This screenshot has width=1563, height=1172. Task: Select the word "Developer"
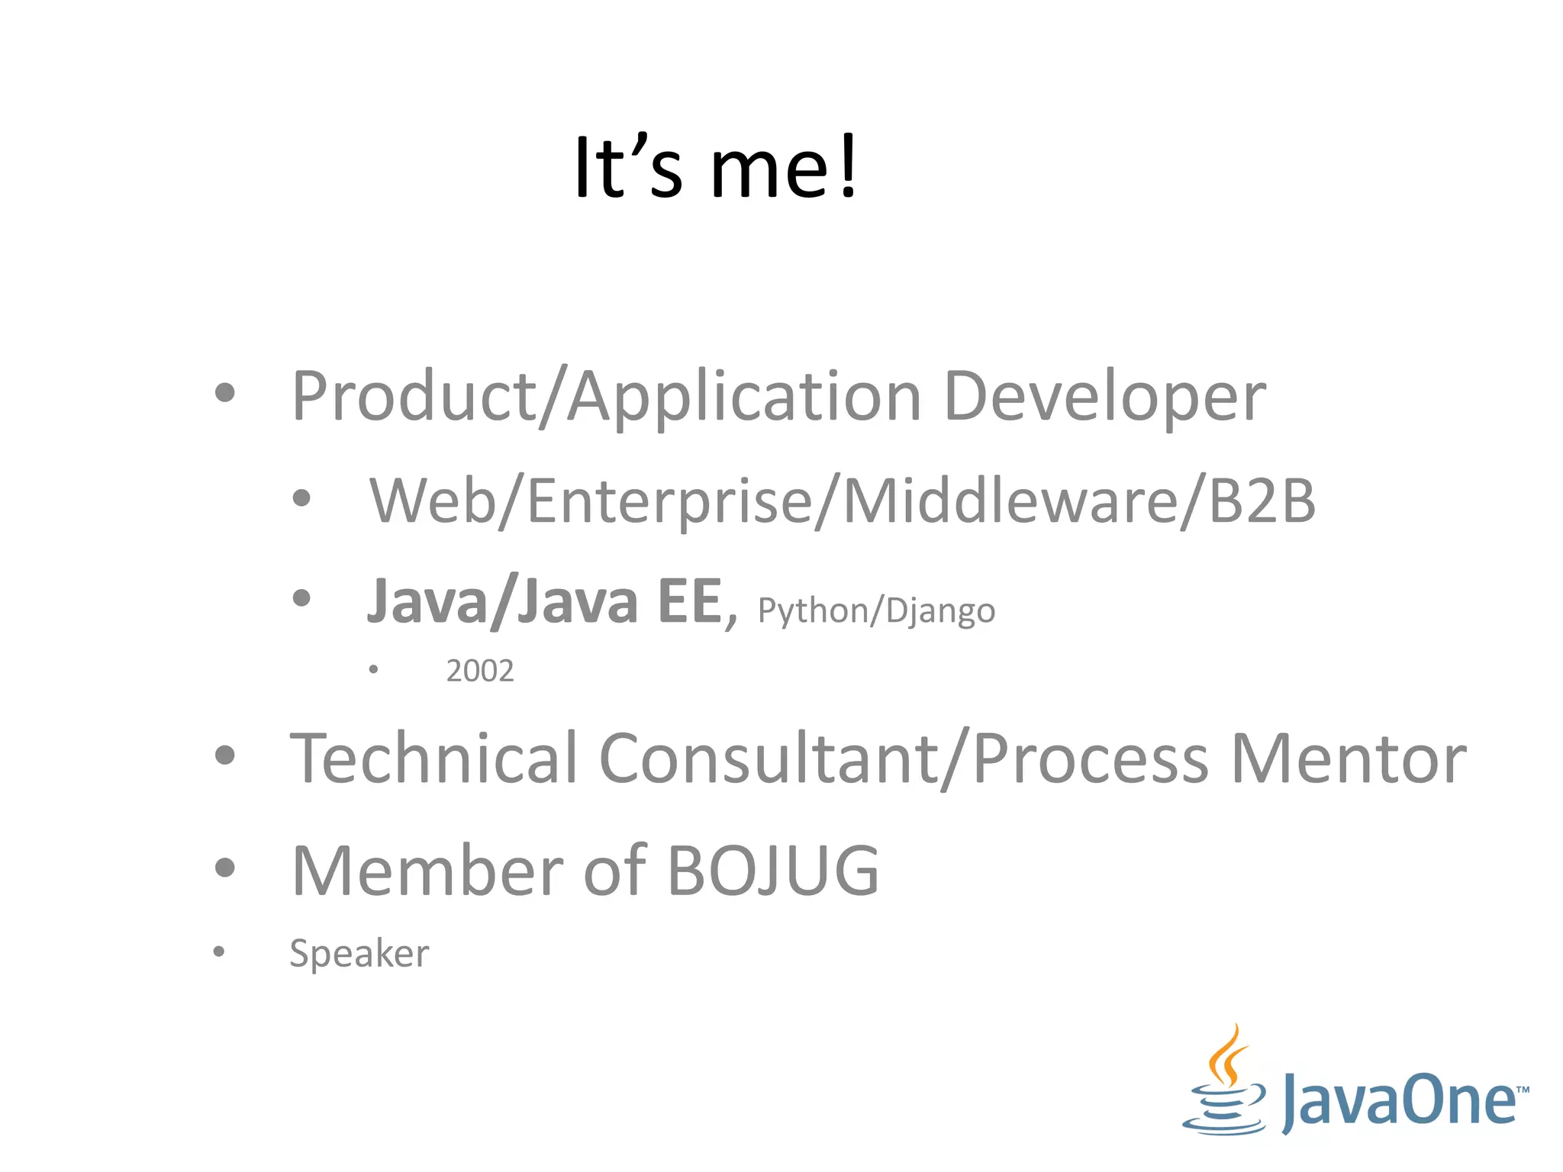(x=1104, y=397)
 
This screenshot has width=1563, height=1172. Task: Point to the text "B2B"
(x=1262, y=501)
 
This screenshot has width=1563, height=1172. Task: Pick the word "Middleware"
(x=1010, y=501)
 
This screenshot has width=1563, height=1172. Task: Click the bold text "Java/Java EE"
(x=544, y=601)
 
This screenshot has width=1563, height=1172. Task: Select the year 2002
(x=480, y=671)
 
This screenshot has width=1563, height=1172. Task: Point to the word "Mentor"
(x=1349, y=759)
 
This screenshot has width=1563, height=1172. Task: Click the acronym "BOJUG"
(x=773, y=871)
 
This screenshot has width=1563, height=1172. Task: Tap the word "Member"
(x=427, y=871)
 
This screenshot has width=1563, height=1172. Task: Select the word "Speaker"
(x=359, y=953)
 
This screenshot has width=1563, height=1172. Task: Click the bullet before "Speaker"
(x=219, y=951)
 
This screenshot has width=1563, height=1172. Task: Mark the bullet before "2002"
(x=373, y=670)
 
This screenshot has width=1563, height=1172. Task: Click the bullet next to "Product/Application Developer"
(x=224, y=393)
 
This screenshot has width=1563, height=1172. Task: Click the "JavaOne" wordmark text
(x=1399, y=1100)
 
